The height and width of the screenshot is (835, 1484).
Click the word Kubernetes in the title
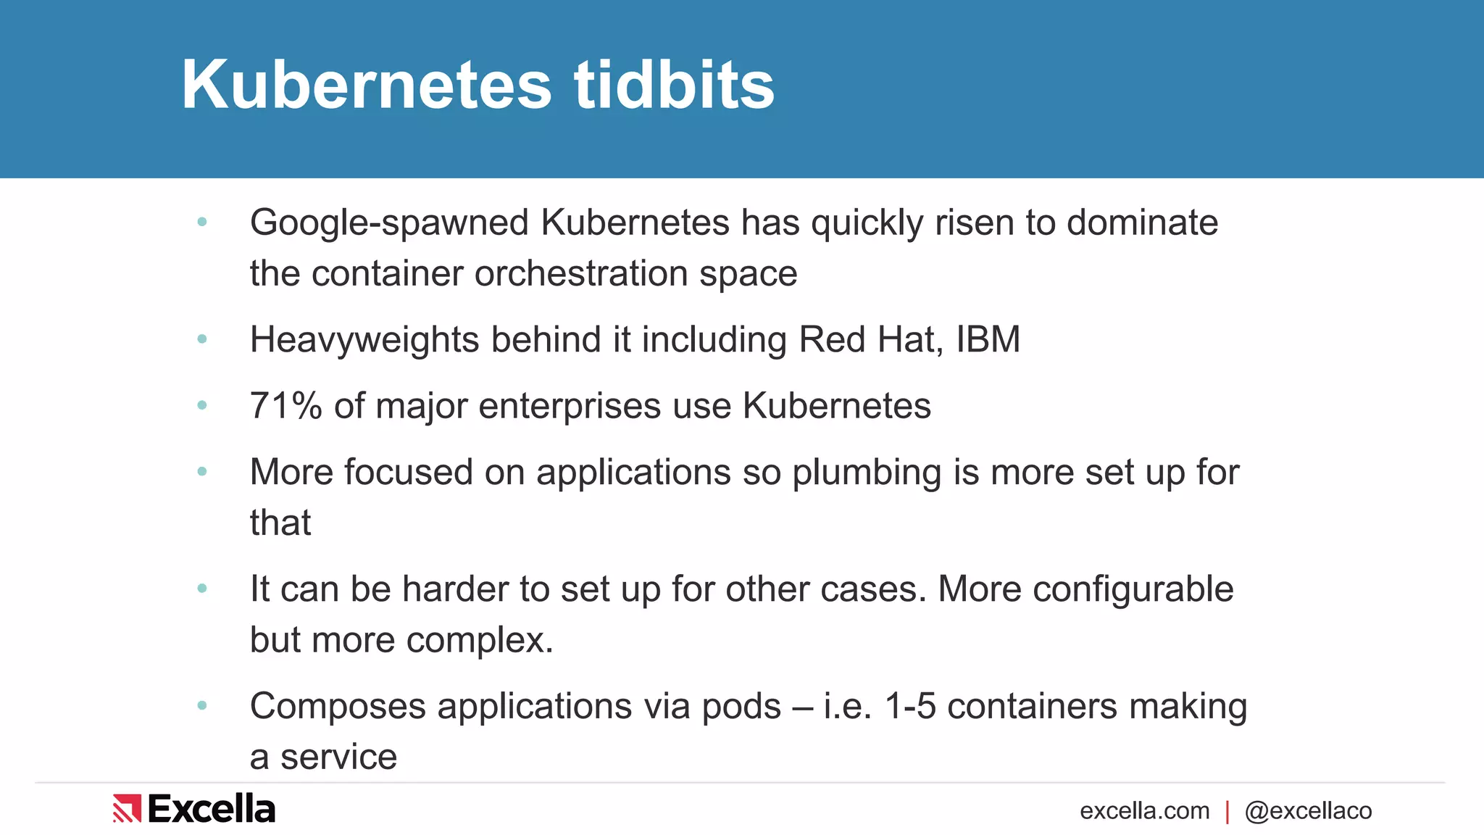[366, 86]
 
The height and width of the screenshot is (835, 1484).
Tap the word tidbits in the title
[674, 86]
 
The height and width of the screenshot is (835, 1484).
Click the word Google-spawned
[389, 223]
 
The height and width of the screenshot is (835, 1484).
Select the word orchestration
[581, 274]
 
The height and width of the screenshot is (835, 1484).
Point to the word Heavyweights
[364, 340]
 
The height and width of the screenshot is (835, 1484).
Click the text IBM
[988, 339]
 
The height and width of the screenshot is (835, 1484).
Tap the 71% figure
[285, 406]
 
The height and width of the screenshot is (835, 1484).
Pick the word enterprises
[570, 407]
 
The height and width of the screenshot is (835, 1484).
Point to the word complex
[479, 641]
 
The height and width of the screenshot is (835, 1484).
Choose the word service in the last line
[338, 757]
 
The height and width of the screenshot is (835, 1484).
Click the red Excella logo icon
[127, 809]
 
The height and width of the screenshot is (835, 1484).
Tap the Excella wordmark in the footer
[212, 809]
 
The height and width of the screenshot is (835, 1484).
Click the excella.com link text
[1144, 811]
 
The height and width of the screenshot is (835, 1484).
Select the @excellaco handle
[1308, 811]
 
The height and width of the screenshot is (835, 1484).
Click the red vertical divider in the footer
[1227, 812]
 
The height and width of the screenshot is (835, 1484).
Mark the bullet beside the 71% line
[202, 405]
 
